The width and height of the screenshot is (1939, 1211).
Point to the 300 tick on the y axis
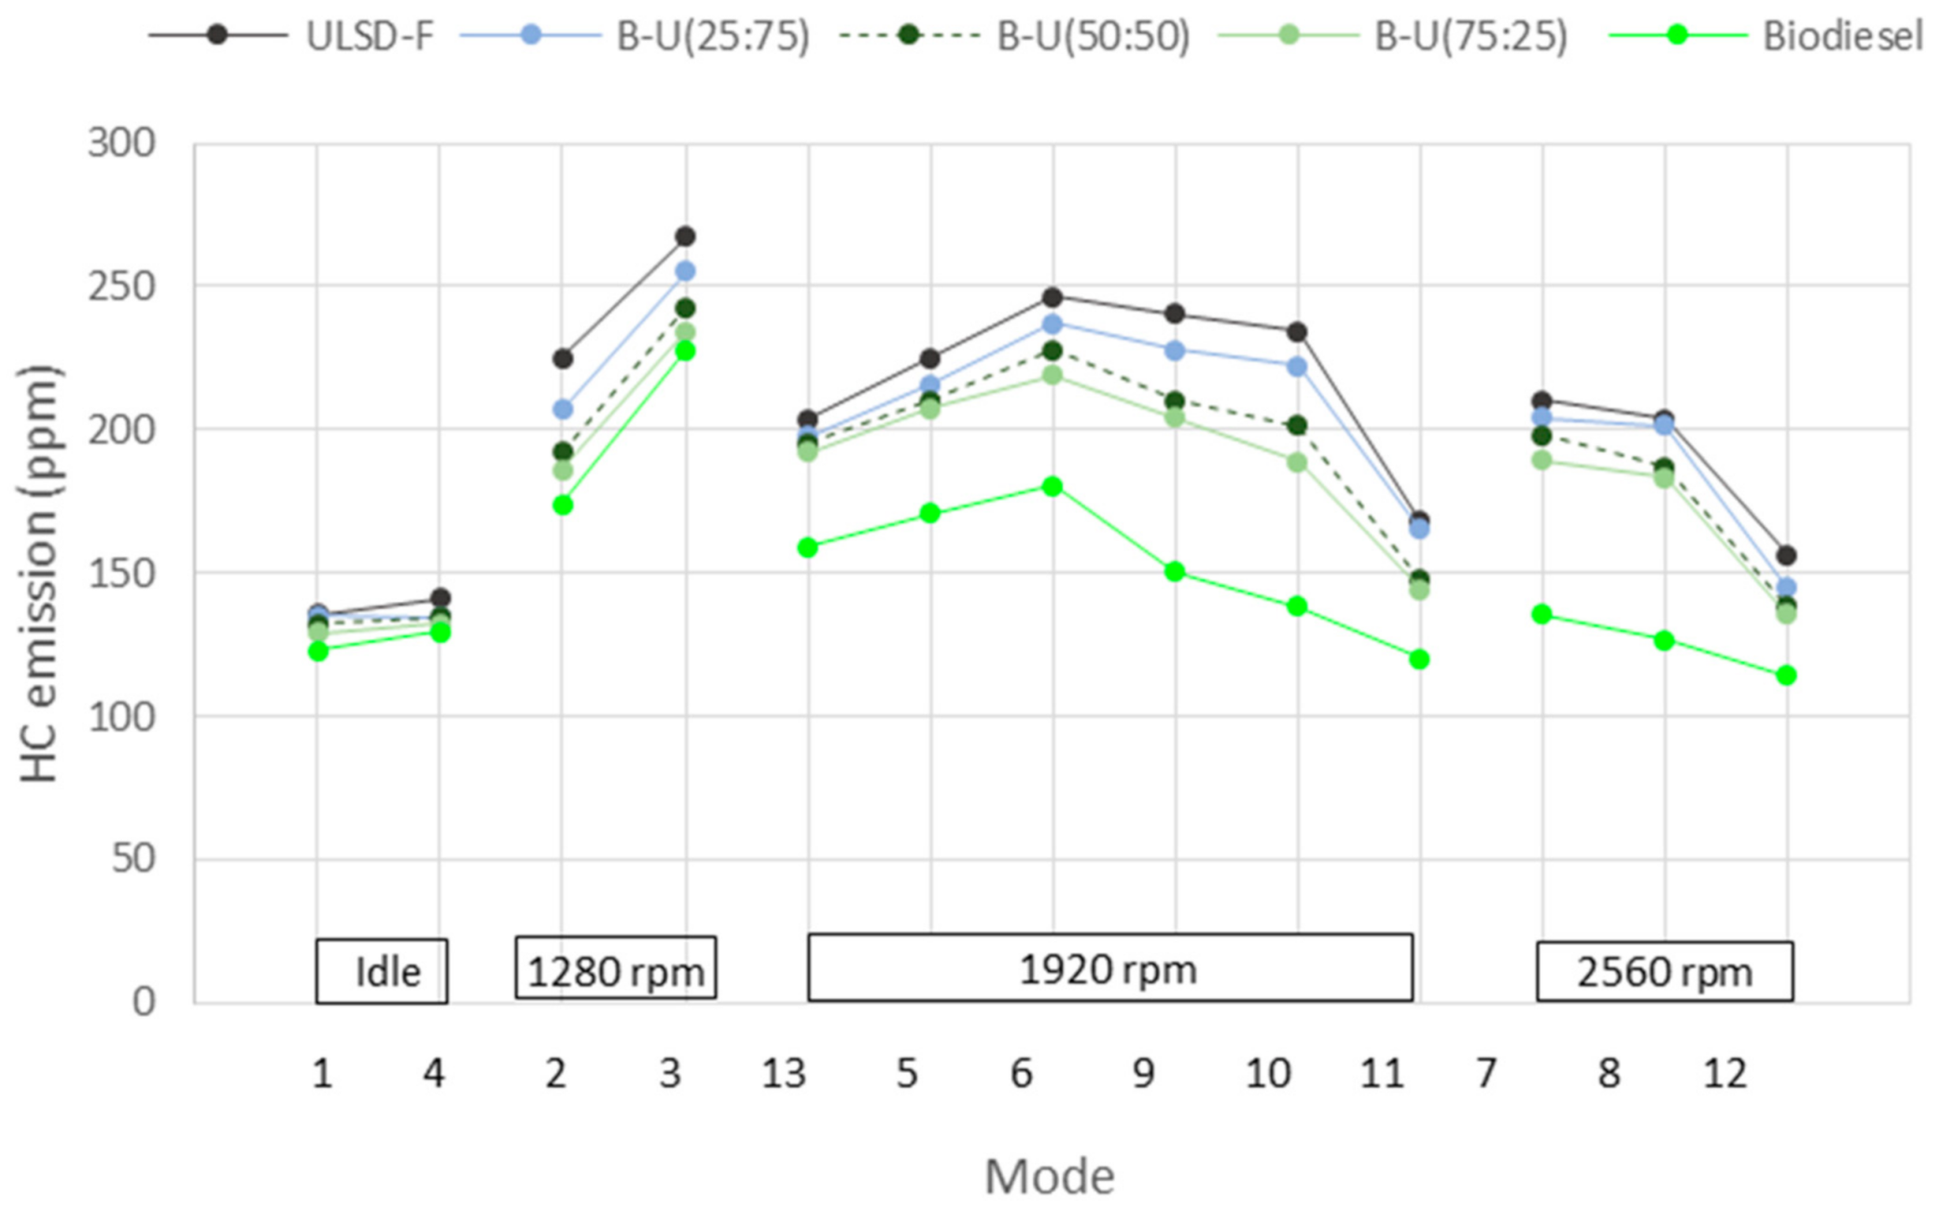(x=121, y=144)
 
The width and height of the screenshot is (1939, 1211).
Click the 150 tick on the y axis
(x=121, y=573)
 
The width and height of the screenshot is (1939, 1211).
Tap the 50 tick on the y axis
(x=133, y=859)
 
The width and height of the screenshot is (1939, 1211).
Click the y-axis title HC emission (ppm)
(x=39, y=573)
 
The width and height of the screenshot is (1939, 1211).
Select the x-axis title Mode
(x=1049, y=1176)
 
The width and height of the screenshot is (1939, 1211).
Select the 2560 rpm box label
(x=1664, y=972)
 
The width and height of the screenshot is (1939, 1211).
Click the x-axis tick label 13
(x=783, y=1074)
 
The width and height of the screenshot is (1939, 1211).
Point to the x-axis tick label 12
(x=1724, y=1074)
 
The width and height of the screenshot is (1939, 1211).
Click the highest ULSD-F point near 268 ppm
(x=685, y=236)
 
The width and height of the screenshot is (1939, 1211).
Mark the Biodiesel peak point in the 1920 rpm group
(x=1053, y=486)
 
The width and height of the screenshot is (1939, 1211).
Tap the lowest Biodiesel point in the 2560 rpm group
(x=1786, y=675)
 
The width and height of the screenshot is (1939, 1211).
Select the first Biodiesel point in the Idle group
(x=318, y=651)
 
